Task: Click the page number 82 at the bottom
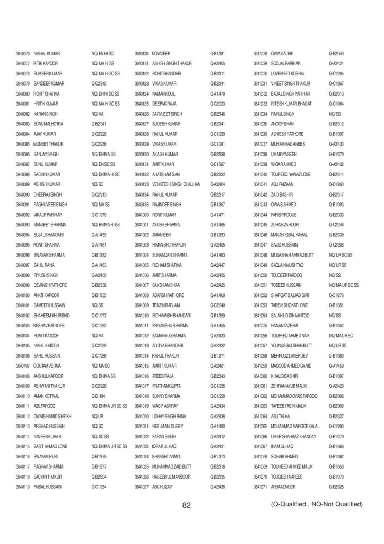(186, 505)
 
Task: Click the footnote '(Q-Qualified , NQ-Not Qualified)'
(317, 504)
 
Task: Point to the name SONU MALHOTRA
(49, 124)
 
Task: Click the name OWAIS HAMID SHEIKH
(53, 416)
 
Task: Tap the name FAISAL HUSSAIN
(48, 487)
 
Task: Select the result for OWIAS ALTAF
(337, 54)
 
